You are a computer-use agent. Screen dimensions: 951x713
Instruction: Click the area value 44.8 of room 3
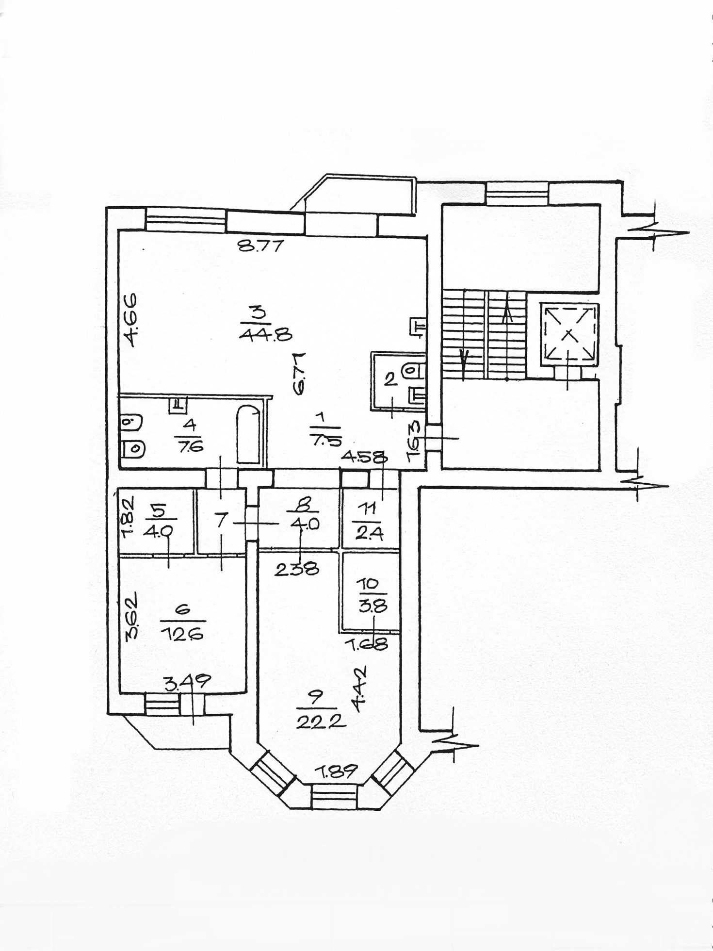(x=264, y=333)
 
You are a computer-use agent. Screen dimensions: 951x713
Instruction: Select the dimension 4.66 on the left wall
(x=130, y=318)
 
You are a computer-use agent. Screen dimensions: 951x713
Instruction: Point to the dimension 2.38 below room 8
(x=296, y=568)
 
